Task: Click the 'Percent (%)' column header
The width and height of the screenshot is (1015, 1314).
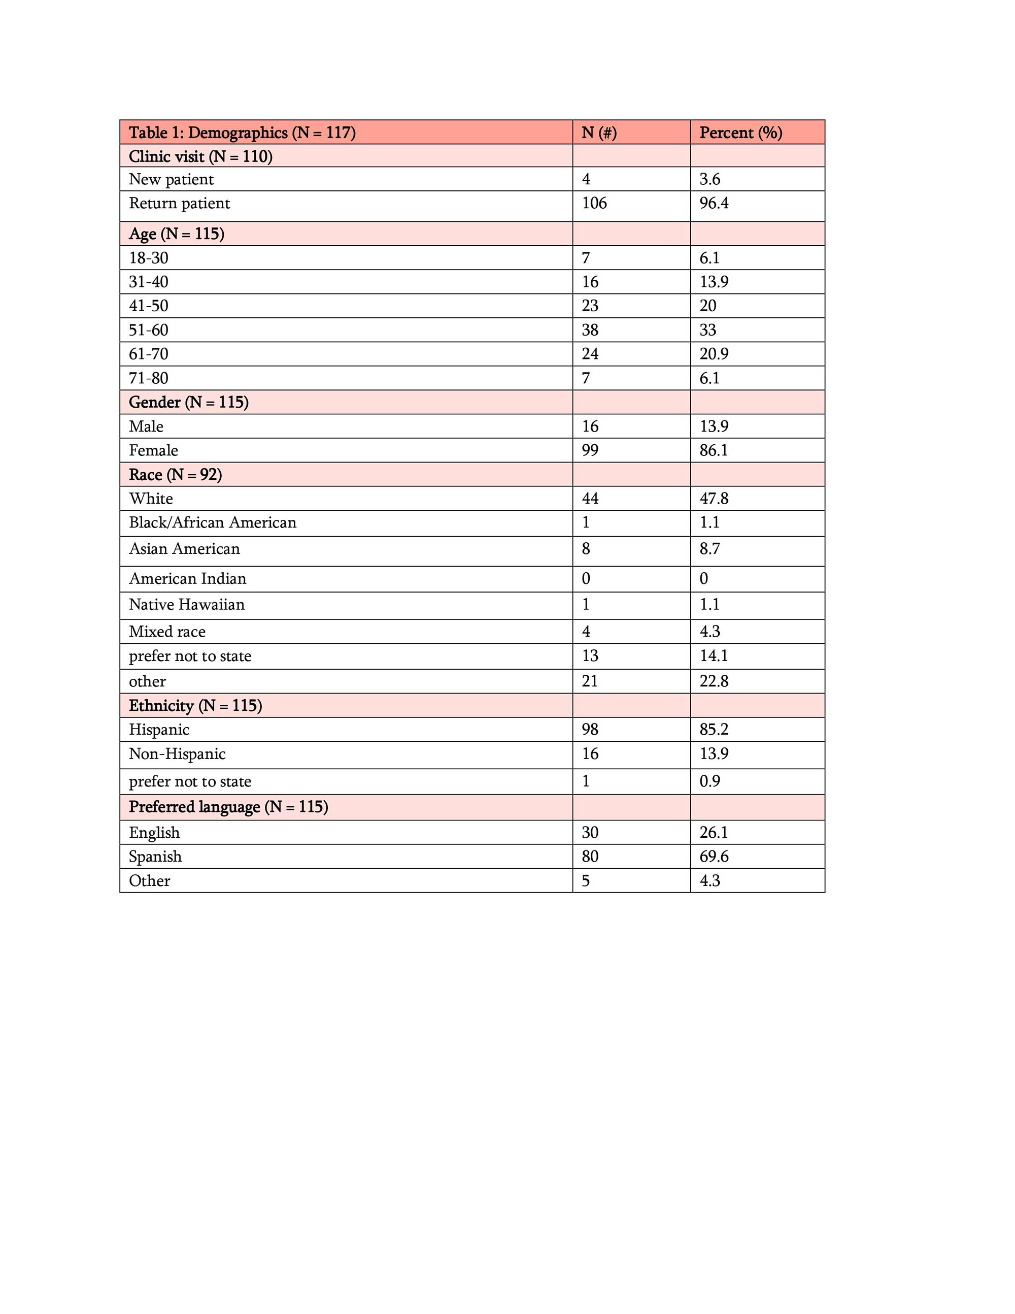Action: coord(740,133)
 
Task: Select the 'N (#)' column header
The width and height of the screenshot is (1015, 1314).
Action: coord(599,133)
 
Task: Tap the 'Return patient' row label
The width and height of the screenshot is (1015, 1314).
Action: coord(179,204)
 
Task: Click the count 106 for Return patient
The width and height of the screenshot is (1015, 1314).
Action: coord(594,204)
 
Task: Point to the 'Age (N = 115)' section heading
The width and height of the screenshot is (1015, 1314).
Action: coord(176,234)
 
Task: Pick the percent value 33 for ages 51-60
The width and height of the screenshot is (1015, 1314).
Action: coord(708,330)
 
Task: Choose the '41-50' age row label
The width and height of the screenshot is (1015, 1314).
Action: coord(149,306)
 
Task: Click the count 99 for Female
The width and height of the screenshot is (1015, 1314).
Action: coord(590,450)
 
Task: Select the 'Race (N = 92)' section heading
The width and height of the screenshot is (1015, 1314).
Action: coord(175,475)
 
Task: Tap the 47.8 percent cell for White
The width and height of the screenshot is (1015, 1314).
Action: coord(714,498)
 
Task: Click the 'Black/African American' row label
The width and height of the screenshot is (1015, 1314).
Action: coord(212,522)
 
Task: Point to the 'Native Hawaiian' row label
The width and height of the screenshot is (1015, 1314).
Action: coord(186,604)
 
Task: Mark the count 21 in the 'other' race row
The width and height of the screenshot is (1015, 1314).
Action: coord(590,681)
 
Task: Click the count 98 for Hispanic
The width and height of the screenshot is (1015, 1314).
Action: coord(590,729)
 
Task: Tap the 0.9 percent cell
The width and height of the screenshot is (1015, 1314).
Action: coord(709,781)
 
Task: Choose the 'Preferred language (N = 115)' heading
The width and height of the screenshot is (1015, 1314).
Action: coord(228,807)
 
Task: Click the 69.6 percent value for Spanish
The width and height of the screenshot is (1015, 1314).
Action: coord(714,856)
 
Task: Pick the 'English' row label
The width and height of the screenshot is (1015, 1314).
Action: coord(154,832)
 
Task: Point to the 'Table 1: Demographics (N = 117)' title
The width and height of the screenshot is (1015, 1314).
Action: coord(242,133)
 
